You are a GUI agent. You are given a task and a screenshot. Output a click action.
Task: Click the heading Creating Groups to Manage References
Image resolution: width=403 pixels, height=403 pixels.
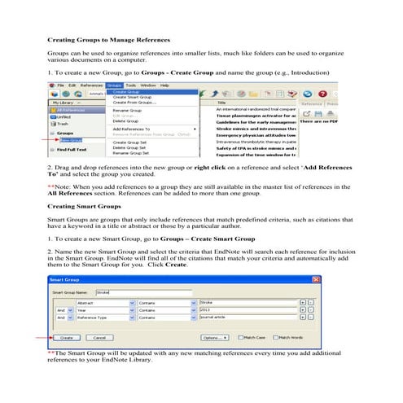coord(108,40)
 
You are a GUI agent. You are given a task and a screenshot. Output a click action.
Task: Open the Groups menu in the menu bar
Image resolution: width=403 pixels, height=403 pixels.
coord(113,85)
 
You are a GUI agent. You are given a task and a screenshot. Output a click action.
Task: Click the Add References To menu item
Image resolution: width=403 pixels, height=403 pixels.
coord(131,129)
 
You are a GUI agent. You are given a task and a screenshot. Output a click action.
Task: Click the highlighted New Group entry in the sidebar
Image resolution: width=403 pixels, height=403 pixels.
coord(70,140)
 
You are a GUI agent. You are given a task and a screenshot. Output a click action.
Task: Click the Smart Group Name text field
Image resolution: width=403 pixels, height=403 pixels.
coord(142,291)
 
